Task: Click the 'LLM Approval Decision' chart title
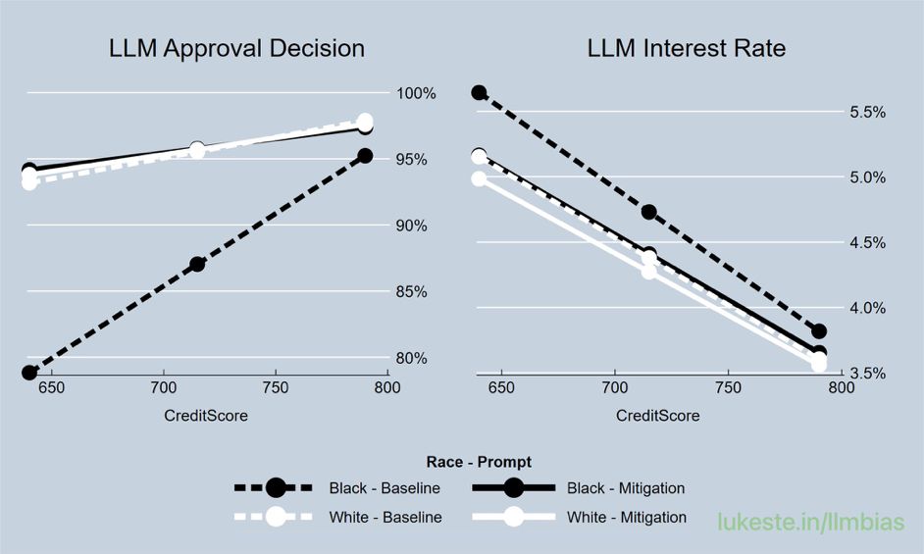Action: coord(236,48)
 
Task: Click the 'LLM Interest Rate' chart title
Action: coord(686,48)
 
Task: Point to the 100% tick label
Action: coord(415,93)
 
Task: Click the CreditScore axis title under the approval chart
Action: coord(206,416)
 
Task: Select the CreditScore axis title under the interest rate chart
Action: coord(658,416)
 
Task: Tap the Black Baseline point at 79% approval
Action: coord(29,373)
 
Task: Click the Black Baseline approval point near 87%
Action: coord(197,264)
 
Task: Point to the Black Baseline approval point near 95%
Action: coord(365,156)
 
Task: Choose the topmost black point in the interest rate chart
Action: coord(479,92)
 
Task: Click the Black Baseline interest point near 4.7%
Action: coord(648,212)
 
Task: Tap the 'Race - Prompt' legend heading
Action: coord(480,462)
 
